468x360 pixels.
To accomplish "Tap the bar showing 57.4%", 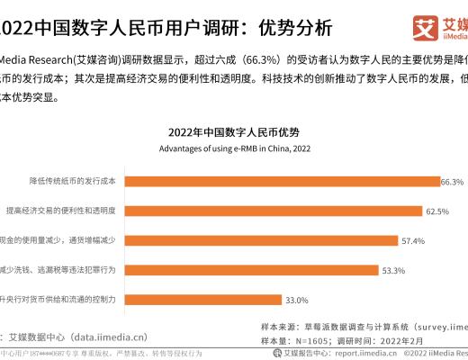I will click(x=261, y=240).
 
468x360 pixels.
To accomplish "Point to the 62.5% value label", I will click(x=436, y=211).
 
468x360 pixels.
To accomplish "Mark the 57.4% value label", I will click(x=412, y=240).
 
